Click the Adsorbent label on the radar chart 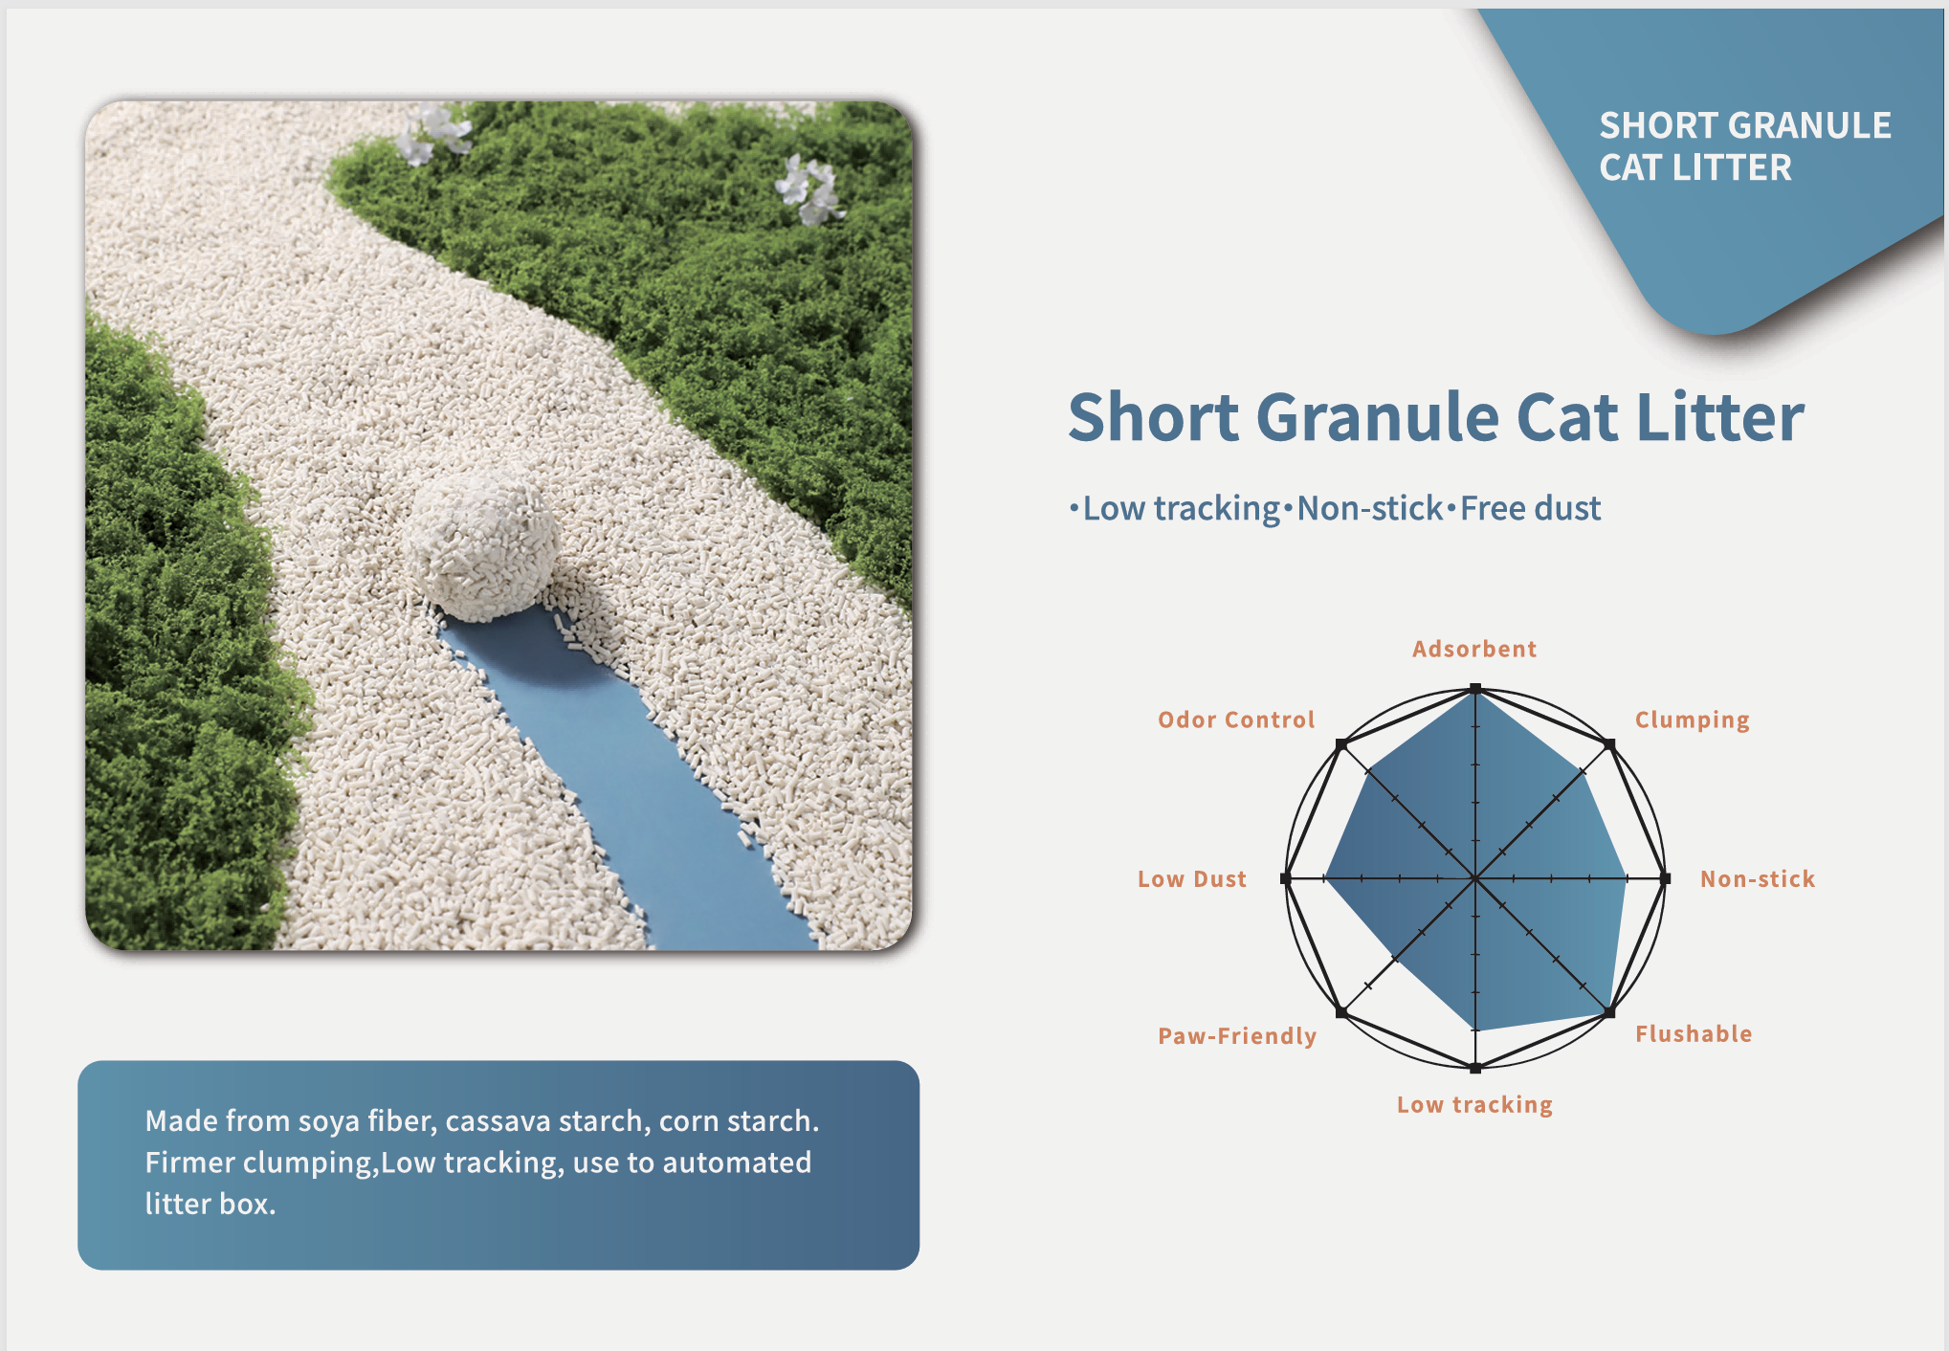(x=1474, y=649)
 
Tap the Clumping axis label (x=1692, y=720)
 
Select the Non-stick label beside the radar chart (x=1758, y=879)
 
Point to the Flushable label (x=1694, y=1033)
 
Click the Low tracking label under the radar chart (x=1474, y=1105)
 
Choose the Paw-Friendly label (x=1237, y=1036)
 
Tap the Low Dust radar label (x=1192, y=879)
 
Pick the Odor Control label (x=1236, y=720)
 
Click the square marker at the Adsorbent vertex (x=1475, y=689)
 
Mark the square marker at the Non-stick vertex (x=1666, y=878)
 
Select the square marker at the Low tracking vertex (x=1475, y=1068)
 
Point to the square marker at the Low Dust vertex (x=1285, y=878)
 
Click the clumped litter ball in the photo (x=482, y=546)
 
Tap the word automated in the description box (x=737, y=1163)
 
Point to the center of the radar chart (x=1475, y=878)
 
